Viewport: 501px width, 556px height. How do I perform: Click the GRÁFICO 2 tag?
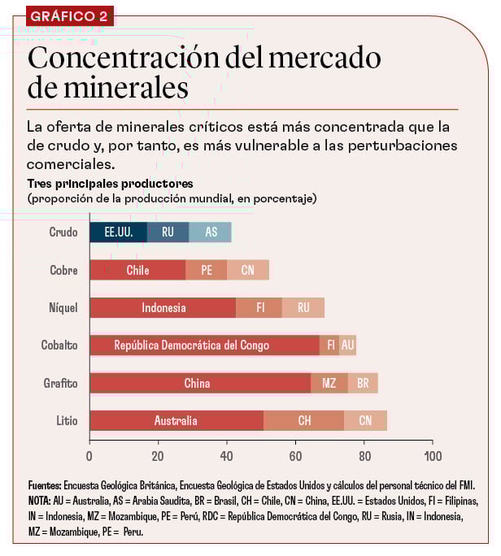(x=70, y=15)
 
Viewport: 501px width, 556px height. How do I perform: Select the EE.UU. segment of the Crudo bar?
(x=118, y=232)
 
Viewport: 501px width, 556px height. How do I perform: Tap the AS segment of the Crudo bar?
(x=211, y=232)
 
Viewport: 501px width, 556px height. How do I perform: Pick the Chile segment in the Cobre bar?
(x=137, y=271)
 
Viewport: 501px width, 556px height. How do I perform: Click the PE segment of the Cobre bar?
(x=207, y=271)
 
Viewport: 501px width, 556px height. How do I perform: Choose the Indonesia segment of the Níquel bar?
(x=163, y=308)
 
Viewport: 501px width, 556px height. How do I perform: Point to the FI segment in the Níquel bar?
(x=259, y=308)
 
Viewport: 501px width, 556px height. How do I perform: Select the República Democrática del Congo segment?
(x=204, y=345)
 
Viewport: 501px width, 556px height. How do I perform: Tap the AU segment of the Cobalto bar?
(x=348, y=345)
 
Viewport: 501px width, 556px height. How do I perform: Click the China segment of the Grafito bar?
(x=200, y=383)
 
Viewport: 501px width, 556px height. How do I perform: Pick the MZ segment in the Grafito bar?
(x=329, y=383)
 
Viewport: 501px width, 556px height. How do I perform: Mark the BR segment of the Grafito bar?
(x=363, y=383)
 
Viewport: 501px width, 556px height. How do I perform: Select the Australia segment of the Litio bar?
(x=176, y=420)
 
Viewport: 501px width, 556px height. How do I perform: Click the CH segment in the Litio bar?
(x=304, y=420)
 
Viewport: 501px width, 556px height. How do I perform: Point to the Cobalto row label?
(x=59, y=345)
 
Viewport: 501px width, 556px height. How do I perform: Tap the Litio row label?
(x=67, y=420)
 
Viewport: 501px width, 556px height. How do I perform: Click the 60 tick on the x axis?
(x=295, y=455)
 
